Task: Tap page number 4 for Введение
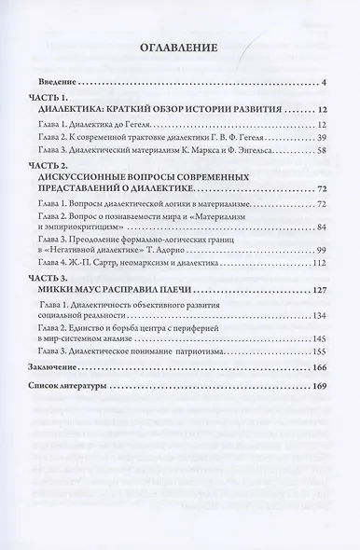click(x=321, y=84)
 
